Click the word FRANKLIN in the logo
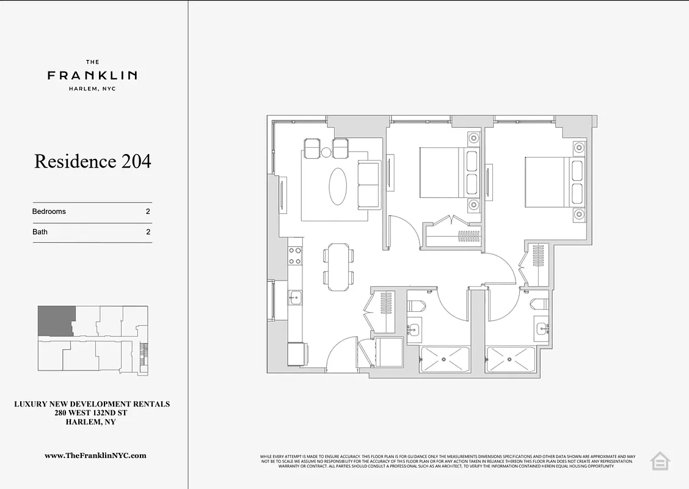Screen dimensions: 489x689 click(x=92, y=76)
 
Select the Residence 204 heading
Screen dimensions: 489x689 click(x=92, y=161)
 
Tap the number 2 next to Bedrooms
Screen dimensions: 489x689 click(x=148, y=211)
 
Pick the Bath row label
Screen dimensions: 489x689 click(x=40, y=232)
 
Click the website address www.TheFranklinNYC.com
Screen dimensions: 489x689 click(x=95, y=455)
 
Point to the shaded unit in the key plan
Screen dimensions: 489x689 click(x=56, y=321)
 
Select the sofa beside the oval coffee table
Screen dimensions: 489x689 click(x=368, y=185)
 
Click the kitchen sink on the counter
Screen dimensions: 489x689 click(x=294, y=298)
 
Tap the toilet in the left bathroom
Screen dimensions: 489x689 click(x=417, y=304)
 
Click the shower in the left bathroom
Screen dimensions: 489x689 click(x=445, y=360)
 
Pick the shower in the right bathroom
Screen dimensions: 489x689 click(x=510, y=360)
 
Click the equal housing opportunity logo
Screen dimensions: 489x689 click(x=660, y=461)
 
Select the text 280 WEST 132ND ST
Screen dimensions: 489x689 click(x=92, y=413)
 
